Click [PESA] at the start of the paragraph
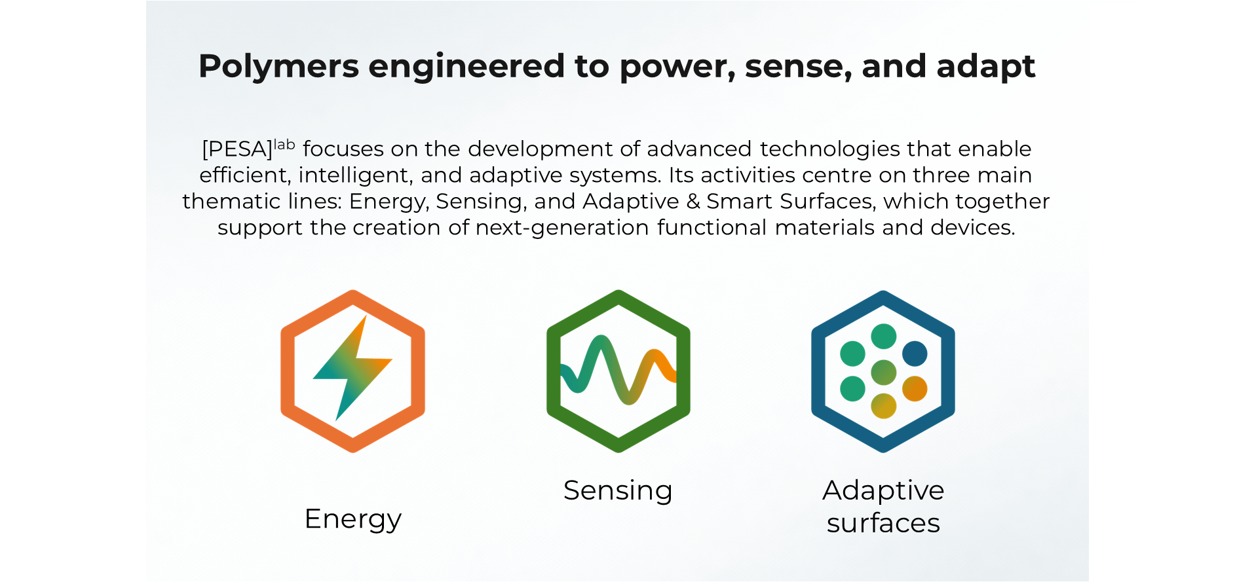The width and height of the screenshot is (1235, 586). tap(237, 149)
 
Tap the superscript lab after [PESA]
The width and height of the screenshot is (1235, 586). tap(284, 144)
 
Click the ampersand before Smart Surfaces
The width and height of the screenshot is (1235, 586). tap(693, 201)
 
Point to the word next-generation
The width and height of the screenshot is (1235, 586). tap(562, 228)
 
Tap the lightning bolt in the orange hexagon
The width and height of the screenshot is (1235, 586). tap(352, 368)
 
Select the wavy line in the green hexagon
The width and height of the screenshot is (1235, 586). tap(618, 370)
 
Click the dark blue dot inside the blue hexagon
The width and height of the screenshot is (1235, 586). tap(915, 354)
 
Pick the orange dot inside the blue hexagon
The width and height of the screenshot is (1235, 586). tap(915, 389)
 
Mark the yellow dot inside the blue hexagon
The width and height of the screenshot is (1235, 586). tap(883, 406)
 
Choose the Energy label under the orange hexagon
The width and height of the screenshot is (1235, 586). tap(353, 519)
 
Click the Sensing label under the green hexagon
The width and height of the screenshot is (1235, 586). tap(618, 491)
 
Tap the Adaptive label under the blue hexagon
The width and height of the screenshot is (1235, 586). tap(883, 490)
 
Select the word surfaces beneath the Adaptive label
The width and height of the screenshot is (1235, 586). tap(883, 523)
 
